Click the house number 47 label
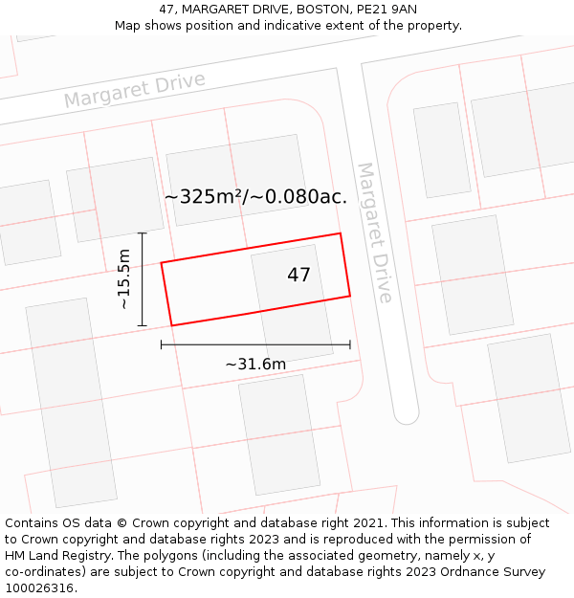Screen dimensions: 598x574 coord(298,276)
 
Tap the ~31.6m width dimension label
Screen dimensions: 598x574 coord(255,364)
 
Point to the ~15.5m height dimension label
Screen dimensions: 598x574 coord(123,278)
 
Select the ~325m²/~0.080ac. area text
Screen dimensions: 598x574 coord(255,197)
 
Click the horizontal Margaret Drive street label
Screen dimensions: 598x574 coord(135,89)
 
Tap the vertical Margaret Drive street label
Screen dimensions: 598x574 coord(374,232)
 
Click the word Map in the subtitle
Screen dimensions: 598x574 coord(128,26)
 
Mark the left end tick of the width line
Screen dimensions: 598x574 coord(162,344)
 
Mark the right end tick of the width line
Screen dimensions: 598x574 coord(350,344)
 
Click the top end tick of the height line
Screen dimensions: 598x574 coord(142,233)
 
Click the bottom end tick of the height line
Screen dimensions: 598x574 coord(142,325)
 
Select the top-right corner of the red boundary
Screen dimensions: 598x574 coord(341,233)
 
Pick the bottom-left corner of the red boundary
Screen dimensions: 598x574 coord(171,325)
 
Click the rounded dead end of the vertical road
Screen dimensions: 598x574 coord(407,415)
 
